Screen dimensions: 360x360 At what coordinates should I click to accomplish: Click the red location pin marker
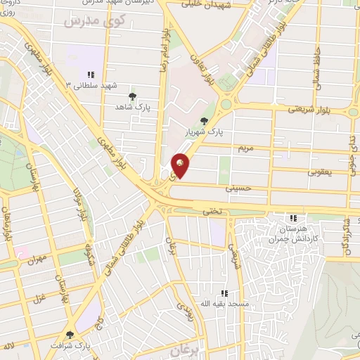tap(181, 165)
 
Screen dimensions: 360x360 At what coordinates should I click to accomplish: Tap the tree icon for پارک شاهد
tap(131, 96)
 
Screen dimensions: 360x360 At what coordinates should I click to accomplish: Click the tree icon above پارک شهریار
tap(205, 121)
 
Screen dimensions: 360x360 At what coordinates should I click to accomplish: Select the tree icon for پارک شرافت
tap(69, 335)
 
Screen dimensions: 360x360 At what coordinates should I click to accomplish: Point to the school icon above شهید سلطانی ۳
tap(91, 75)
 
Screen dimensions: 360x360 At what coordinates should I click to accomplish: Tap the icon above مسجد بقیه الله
tap(224, 292)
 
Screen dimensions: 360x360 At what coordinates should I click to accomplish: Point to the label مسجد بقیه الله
tap(224, 303)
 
